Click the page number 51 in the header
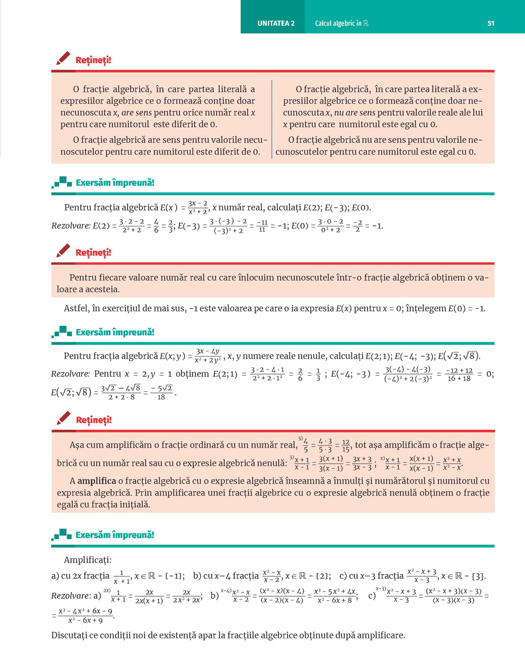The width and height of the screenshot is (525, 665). pyautogui.click(x=491, y=23)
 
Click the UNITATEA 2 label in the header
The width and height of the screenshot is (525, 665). pyautogui.click(x=276, y=23)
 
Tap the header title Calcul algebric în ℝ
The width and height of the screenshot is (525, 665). pyautogui.click(x=341, y=23)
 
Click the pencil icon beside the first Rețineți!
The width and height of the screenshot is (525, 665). pyautogui.click(x=63, y=58)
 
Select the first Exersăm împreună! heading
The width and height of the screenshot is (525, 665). pyautogui.click(x=115, y=182)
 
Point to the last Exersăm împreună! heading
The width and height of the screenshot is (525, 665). pyautogui.click(x=115, y=535)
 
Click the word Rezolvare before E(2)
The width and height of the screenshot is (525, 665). pyautogui.click(x=71, y=225)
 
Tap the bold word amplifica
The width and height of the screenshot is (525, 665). pyautogui.click(x=96, y=481)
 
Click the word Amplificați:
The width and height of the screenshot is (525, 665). pyautogui.click(x=88, y=560)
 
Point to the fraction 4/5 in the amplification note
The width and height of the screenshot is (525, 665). pyautogui.click(x=306, y=445)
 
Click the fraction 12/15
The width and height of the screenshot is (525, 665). pyautogui.click(x=346, y=445)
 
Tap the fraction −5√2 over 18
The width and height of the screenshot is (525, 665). pyautogui.click(x=161, y=392)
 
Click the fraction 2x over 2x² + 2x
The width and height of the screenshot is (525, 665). pyautogui.click(x=186, y=596)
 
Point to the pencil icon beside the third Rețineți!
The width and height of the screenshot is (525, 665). pyautogui.click(x=63, y=419)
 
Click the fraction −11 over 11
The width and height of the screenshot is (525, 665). pyautogui.click(x=262, y=226)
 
